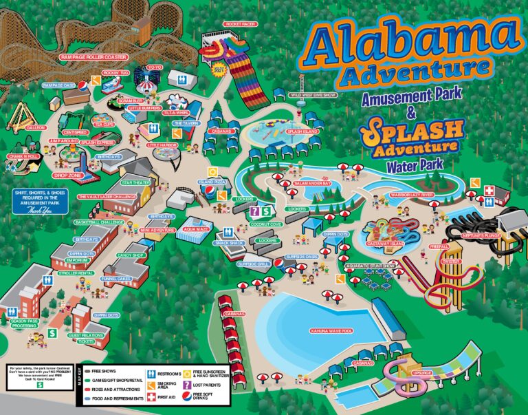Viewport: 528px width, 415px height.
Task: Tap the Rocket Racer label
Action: (239, 23)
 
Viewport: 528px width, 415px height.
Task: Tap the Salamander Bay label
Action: (313, 184)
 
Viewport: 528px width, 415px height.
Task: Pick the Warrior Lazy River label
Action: (412, 195)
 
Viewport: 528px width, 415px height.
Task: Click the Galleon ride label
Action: (36, 127)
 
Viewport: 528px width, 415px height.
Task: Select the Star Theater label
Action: (135, 183)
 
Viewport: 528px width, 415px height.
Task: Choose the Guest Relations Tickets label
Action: (86, 338)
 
